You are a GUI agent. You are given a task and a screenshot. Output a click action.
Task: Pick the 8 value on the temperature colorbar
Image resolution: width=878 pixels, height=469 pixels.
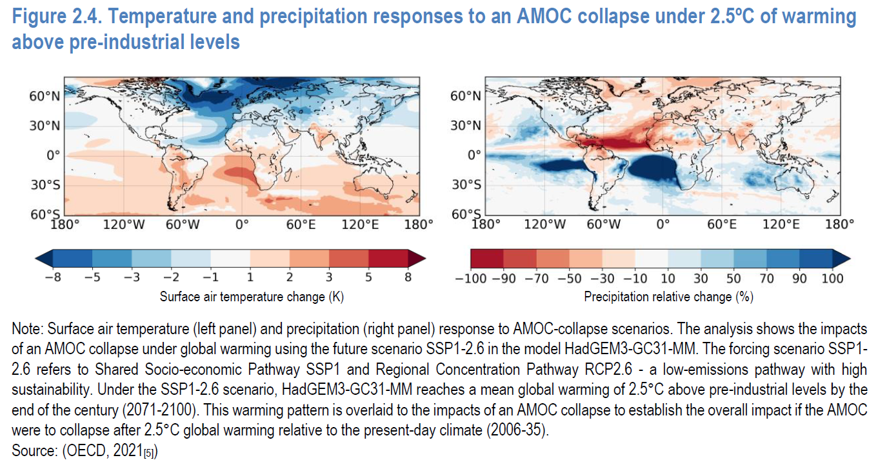(407, 278)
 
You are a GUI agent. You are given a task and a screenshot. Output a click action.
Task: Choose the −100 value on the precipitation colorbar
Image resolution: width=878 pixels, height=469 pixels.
(472, 279)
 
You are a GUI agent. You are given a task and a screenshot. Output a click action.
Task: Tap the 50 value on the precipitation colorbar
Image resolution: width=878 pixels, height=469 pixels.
(734, 279)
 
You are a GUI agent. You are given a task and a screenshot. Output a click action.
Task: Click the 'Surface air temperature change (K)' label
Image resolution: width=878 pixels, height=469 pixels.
(241, 297)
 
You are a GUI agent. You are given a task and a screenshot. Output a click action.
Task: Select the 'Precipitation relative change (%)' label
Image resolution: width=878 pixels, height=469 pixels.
(668, 297)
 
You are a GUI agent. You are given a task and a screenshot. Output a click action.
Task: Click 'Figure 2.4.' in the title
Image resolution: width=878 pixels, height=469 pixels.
(55, 18)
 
